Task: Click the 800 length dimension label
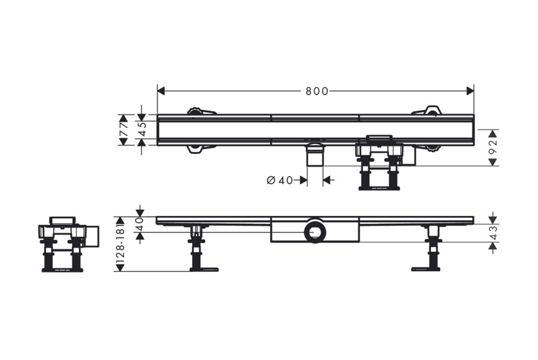click(x=317, y=91)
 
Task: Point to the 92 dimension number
click(x=493, y=148)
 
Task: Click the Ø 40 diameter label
click(x=280, y=180)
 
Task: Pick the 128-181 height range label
click(x=120, y=244)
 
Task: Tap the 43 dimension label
click(x=493, y=233)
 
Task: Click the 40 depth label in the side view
click(x=140, y=224)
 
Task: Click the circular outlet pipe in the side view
click(x=313, y=232)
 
